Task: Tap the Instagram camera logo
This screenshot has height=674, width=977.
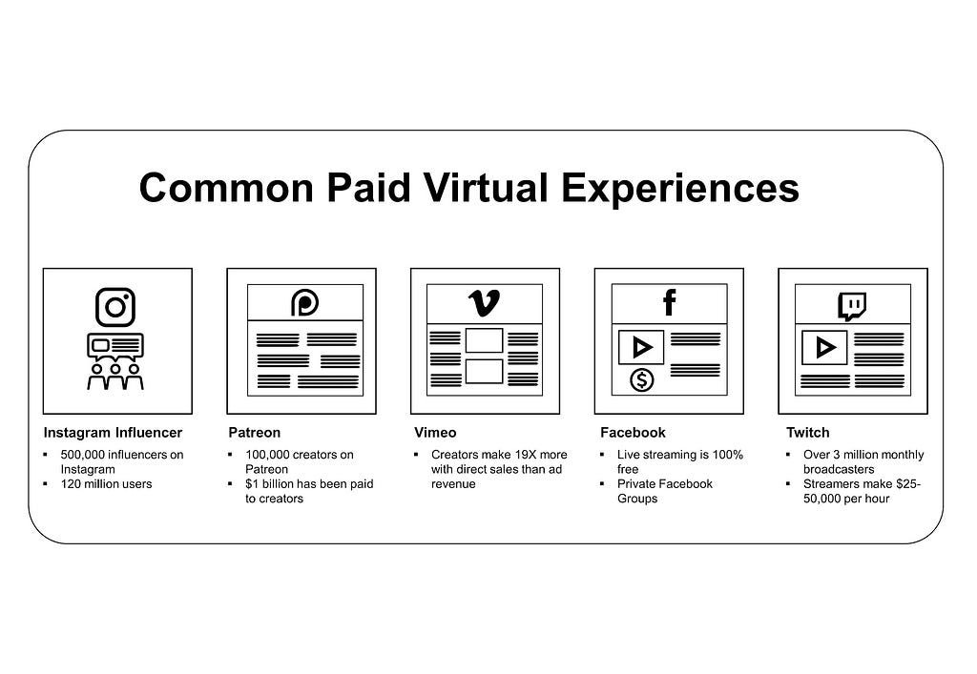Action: [x=115, y=307]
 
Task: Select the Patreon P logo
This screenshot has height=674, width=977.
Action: [x=305, y=303]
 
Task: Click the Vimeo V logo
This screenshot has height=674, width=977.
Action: [x=485, y=303]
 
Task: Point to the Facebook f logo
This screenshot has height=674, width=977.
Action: [x=669, y=303]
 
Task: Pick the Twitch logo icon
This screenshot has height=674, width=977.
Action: [x=852, y=305]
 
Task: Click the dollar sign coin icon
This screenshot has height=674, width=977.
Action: [x=642, y=379]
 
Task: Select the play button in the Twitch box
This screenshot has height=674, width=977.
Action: [x=824, y=348]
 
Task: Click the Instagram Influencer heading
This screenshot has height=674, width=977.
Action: [x=113, y=433]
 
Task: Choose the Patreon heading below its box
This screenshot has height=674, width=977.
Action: [x=254, y=433]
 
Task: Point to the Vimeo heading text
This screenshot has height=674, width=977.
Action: [x=435, y=433]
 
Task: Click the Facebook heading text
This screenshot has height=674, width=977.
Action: [x=633, y=433]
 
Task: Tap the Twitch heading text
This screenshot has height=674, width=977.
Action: [x=807, y=433]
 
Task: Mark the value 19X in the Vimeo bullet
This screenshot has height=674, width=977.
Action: [x=516, y=455]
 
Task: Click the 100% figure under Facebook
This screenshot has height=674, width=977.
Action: [x=725, y=455]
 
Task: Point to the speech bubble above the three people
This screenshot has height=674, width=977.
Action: [x=115, y=345]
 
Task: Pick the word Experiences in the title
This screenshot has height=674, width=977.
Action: [x=679, y=188]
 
